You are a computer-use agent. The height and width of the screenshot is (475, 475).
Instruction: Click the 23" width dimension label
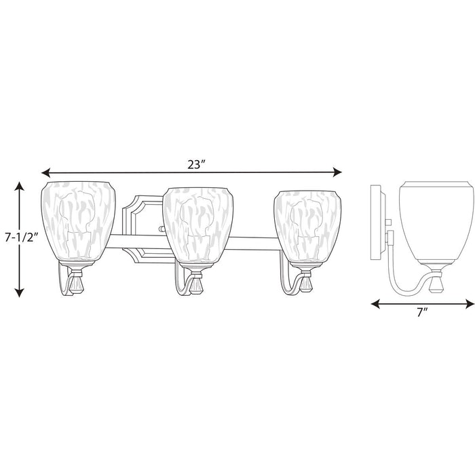pos(197,164)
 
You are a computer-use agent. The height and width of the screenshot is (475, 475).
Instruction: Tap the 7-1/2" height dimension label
pos(21,237)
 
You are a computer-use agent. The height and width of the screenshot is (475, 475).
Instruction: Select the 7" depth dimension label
pos(422,313)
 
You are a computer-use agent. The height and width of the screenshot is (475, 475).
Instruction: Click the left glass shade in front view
pos(78,222)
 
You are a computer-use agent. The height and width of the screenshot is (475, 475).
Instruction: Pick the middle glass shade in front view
pos(198,226)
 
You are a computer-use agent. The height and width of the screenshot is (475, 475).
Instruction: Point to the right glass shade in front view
pos(307,227)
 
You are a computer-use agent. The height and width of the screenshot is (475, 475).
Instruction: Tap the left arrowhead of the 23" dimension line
pos(45,173)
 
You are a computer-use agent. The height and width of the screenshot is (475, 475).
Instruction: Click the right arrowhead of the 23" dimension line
pos(337,172)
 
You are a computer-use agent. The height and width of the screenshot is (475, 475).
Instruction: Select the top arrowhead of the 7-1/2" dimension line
pos(20,186)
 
